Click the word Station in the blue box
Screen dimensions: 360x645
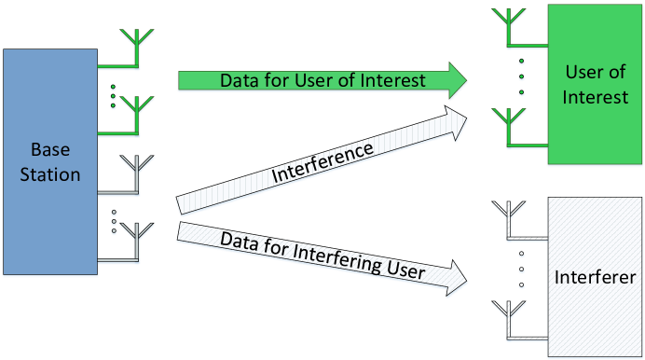50,173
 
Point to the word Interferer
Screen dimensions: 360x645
595,277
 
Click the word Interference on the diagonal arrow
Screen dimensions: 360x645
322,161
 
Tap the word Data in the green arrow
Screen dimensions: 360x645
239,80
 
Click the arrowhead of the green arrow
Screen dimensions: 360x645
457,80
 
